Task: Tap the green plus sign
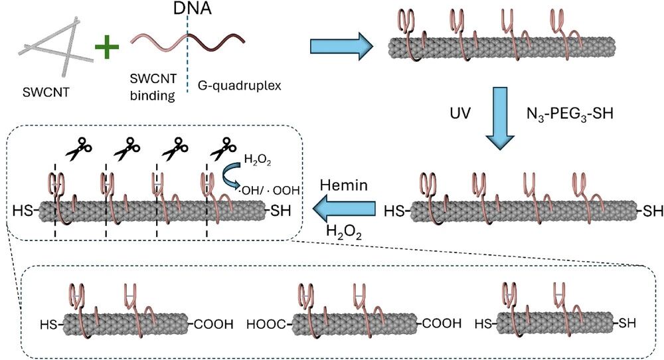(106, 48)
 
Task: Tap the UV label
(459, 114)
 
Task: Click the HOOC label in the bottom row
(266, 325)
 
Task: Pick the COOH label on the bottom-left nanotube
(214, 325)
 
